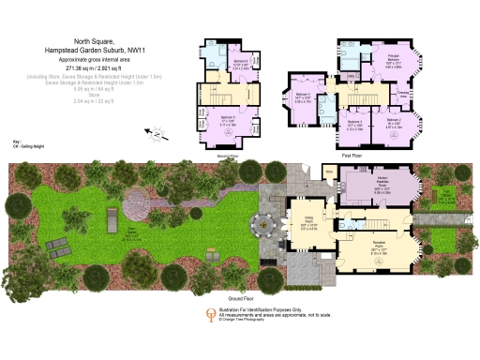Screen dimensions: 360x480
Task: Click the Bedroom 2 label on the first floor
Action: tap(393, 122)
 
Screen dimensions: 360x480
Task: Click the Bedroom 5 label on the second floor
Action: tap(228, 121)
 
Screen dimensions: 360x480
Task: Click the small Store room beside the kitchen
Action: tap(328, 172)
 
